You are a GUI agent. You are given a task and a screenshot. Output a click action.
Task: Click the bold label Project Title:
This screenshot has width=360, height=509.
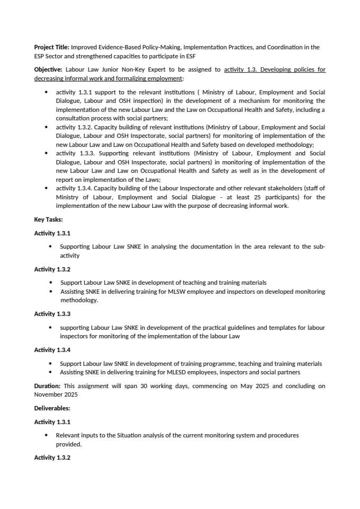[51, 47]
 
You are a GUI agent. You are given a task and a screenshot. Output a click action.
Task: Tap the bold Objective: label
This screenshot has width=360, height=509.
[48, 69]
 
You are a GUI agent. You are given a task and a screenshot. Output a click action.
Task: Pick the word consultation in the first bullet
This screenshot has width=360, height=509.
[74, 118]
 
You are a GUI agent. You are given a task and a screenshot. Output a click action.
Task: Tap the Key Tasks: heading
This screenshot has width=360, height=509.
[48, 219]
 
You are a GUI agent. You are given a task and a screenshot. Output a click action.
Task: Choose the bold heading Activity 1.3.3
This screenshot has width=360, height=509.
[52, 314]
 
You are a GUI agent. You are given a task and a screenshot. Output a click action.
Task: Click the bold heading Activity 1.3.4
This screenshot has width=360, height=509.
[52, 350]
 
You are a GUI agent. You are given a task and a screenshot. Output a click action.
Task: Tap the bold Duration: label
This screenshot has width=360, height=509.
[47, 386]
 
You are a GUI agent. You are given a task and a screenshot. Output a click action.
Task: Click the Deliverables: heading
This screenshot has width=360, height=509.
[52, 408]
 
